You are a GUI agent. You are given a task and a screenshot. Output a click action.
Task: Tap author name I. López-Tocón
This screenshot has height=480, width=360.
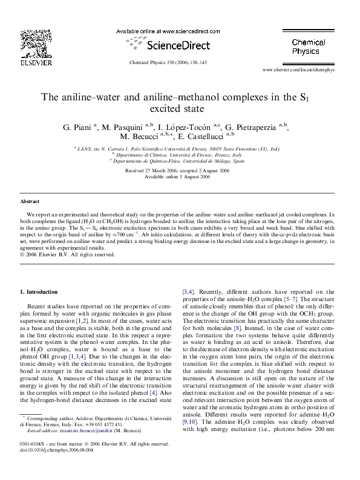(186, 127)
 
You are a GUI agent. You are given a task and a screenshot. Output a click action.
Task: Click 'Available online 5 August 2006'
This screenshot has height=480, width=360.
(180, 177)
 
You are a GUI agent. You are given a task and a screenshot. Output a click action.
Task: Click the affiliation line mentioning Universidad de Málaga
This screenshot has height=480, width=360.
(179, 161)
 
